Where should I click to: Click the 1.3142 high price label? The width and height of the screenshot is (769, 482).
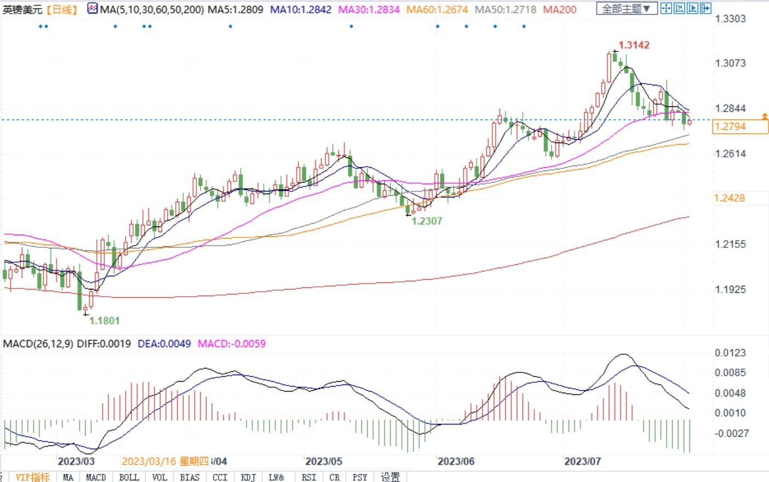coord(634,45)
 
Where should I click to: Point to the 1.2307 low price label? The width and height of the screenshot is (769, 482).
coord(426,221)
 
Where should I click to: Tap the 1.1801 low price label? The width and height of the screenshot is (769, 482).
coord(104,321)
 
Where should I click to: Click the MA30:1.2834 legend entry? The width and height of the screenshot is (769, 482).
coord(369,9)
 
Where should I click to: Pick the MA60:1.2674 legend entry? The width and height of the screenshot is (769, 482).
coord(437,9)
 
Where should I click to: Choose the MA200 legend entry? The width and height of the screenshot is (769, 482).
coord(560,9)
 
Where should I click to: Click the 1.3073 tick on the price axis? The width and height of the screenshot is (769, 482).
coord(730,63)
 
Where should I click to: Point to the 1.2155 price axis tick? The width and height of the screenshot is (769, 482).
coord(730,244)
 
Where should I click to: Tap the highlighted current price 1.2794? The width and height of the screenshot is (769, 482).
coord(730,127)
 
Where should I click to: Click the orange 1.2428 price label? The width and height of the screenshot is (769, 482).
coord(730,198)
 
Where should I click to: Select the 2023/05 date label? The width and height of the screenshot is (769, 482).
coord(323,461)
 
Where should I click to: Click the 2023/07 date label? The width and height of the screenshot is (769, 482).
coord(582,461)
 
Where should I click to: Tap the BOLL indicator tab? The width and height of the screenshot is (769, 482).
coord(129,477)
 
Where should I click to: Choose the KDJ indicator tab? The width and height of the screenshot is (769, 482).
coord(248,477)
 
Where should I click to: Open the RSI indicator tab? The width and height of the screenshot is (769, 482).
coord(309,477)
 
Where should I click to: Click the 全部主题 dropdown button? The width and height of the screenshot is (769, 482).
coord(626,9)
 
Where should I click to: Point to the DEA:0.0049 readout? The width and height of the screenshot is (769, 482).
coord(164,344)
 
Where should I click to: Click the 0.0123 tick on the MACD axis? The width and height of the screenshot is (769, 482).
coord(730,353)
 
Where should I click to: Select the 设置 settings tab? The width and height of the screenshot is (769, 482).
coord(390,477)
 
